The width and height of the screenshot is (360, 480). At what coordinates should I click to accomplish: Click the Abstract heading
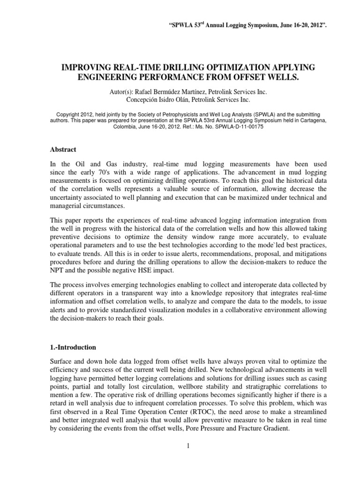pos(63,150)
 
